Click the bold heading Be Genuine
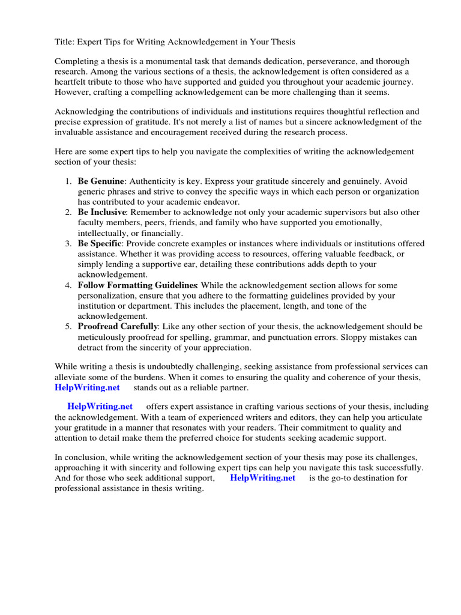101,181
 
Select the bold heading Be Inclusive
101,212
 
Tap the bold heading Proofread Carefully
118,327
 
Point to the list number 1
67,181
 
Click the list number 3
67,243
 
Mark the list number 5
67,327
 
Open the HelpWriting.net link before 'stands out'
85,387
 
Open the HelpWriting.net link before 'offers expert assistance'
100,407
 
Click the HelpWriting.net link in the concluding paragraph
263,478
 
